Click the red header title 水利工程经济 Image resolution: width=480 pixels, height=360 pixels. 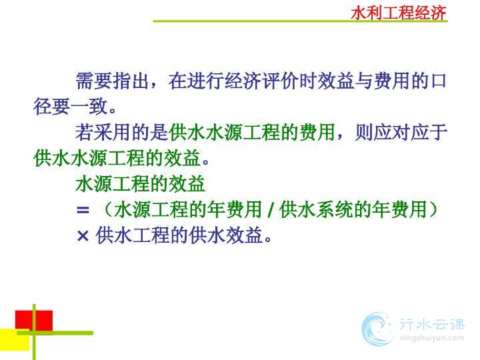[399, 13]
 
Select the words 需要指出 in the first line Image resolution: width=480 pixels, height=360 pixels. [112, 81]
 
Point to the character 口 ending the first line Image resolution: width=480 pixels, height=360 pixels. [439, 81]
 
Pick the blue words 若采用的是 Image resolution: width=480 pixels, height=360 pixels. [121, 133]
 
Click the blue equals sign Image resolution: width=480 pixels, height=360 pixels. [83, 210]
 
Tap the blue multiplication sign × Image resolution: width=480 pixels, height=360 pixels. [83, 236]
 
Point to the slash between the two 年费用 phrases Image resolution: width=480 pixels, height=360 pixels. [271, 210]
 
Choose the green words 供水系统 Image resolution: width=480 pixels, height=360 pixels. [316, 210]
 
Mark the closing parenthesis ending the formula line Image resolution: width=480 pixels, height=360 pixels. [433, 210]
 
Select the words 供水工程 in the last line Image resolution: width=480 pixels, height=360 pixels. [133, 235]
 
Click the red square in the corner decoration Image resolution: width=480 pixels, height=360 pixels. [34, 321]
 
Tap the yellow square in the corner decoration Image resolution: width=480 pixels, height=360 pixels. [15, 340]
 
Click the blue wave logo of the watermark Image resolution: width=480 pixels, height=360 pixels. [377, 329]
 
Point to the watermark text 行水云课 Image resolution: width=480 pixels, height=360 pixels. [431, 325]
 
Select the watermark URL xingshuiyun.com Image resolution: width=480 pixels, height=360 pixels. [431, 338]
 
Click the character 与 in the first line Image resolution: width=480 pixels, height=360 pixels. [364, 81]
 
